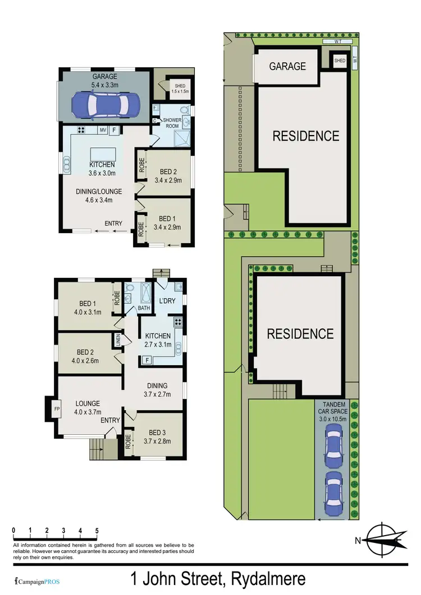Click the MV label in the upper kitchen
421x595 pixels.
(103, 131)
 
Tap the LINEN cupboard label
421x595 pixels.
(119, 340)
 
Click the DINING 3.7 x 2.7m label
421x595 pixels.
(157, 390)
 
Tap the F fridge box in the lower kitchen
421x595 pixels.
(146, 360)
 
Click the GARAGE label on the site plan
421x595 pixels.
(287, 66)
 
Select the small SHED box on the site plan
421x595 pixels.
(340, 61)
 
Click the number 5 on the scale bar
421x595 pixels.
(97, 530)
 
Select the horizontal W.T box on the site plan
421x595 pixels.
(337, 41)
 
